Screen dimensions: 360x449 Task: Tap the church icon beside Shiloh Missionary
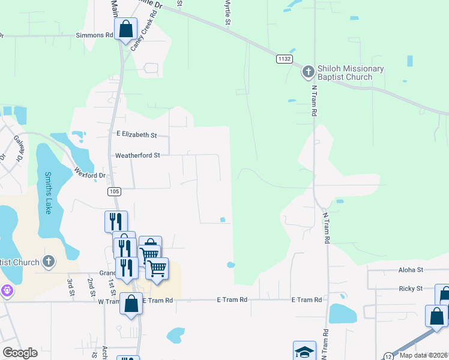308,73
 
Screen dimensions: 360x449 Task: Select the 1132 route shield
285,59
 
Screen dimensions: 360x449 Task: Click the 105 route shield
114,191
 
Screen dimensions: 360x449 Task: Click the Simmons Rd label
94,35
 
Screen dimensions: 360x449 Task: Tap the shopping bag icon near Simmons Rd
125,28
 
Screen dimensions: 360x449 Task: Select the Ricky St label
411,289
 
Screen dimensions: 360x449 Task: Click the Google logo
20,352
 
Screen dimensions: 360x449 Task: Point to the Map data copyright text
424,355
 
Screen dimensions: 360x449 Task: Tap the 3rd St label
71,286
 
